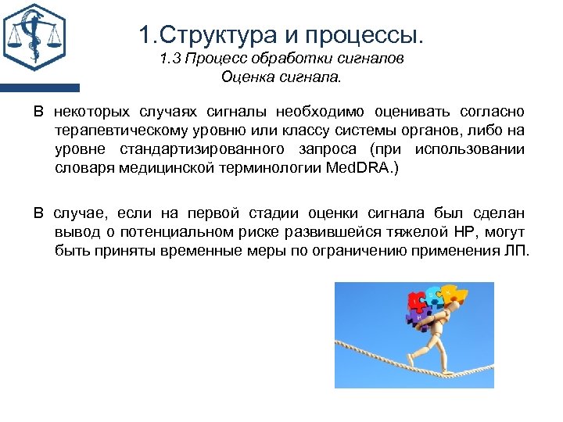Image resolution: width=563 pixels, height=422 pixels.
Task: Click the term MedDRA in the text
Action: tap(359, 167)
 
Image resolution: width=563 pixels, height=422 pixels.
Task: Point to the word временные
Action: tap(195, 251)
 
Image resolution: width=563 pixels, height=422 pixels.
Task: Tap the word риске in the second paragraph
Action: tap(266, 232)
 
